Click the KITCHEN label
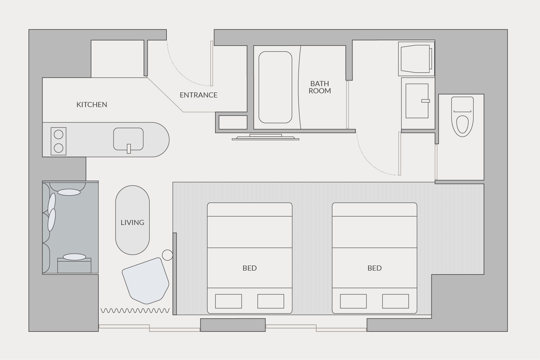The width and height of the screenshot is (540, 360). (x=92, y=104)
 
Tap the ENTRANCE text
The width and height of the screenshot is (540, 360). (x=199, y=95)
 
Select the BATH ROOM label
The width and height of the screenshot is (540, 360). (x=320, y=87)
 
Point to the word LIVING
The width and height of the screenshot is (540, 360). (x=132, y=222)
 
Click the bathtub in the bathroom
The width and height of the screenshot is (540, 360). (x=275, y=87)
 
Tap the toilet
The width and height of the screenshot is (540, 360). (x=462, y=117)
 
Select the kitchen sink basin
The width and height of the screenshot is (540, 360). (x=128, y=139)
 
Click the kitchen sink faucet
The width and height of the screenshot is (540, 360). (x=129, y=149)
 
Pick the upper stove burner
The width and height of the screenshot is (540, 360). (x=58, y=134)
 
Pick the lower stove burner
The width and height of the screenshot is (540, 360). (x=58, y=148)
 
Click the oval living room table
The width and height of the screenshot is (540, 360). (x=132, y=220)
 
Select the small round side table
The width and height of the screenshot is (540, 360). (x=167, y=255)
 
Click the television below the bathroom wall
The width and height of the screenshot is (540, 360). (x=265, y=137)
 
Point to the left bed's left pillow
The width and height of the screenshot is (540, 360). (x=229, y=301)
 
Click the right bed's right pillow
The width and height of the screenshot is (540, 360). (x=395, y=301)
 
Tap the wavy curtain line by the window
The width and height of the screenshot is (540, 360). (x=135, y=310)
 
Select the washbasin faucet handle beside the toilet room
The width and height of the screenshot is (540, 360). (x=425, y=101)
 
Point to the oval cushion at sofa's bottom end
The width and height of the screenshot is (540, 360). (x=74, y=257)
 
